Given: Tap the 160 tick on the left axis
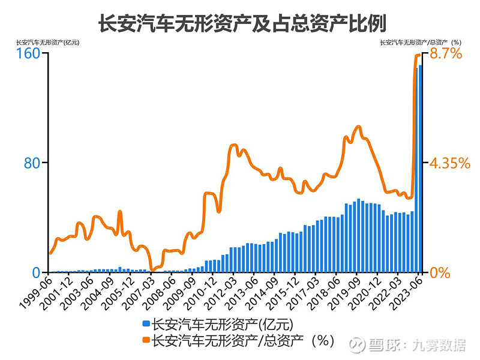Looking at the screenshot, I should (28, 53).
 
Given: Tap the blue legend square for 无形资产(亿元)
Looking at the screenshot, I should (146, 325).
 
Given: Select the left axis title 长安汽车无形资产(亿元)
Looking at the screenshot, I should (47, 42).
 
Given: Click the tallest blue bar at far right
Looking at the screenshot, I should (420, 168).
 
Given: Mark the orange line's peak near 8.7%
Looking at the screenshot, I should (419, 55).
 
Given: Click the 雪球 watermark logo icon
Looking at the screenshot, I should (358, 344).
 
